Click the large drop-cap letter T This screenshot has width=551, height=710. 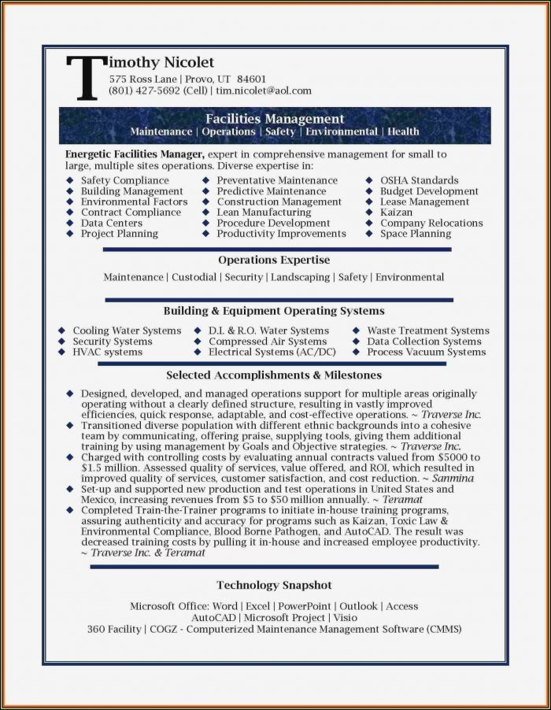84,77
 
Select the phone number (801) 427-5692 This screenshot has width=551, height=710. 145,91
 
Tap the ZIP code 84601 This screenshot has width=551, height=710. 251,79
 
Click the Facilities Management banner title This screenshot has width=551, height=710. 275,119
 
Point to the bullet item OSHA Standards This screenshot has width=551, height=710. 419,180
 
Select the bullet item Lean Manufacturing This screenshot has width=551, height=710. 264,213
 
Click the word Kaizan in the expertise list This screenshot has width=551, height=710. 396,213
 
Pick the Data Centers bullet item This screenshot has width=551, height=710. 112,223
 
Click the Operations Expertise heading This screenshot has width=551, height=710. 274,260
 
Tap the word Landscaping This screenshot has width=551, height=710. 301,277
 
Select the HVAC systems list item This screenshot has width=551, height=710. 107,352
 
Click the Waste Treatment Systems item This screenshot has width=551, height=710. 428,331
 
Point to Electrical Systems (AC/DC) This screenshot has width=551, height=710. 272,352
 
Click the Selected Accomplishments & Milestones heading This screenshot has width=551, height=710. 274,375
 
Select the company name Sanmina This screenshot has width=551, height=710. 454,479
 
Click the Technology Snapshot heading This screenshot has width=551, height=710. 274,585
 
